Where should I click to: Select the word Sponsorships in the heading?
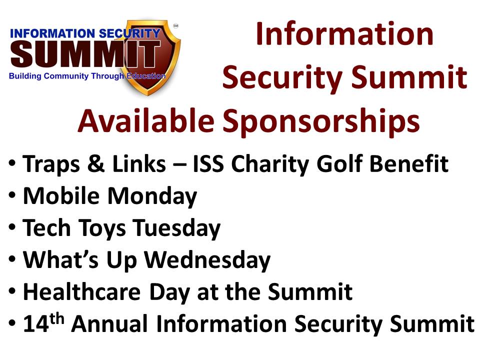321,123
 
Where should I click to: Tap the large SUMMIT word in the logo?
86,54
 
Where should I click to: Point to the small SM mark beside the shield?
175,25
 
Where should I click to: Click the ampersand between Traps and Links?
96,164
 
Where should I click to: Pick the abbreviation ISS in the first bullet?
208,164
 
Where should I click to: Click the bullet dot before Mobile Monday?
12,195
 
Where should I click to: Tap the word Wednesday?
207,260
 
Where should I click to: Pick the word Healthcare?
82,291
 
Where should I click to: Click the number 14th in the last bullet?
43,323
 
